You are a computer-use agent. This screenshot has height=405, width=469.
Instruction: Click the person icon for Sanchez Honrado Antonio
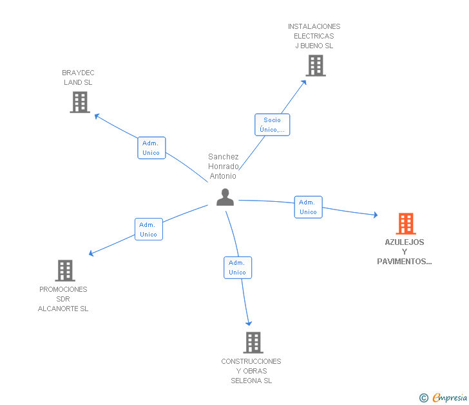(225, 197)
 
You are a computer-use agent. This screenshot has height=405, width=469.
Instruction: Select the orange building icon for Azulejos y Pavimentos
(405, 224)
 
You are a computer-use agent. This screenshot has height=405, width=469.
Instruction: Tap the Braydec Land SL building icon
(80, 102)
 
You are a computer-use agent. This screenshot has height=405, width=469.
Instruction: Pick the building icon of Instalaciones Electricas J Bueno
(315, 66)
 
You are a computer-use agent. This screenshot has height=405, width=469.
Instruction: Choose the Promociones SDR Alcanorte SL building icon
(65, 271)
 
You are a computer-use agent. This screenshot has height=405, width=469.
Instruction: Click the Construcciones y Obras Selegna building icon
(253, 343)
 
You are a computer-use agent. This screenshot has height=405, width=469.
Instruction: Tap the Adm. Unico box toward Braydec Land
(151, 148)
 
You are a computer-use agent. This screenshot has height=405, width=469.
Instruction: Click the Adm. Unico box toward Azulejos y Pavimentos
(308, 207)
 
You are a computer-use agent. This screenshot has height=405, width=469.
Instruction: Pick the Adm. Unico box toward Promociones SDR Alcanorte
(149, 230)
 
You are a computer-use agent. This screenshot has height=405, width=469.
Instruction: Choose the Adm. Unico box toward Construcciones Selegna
(238, 267)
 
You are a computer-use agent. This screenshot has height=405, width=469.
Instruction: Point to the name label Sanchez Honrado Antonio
(224, 166)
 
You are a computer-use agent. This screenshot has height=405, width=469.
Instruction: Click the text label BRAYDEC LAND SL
(78, 78)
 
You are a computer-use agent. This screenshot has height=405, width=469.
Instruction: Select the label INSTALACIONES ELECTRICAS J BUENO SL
(314, 36)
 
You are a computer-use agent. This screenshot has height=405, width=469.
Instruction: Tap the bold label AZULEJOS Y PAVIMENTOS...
(405, 252)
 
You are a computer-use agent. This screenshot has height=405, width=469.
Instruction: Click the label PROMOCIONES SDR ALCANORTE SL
(63, 299)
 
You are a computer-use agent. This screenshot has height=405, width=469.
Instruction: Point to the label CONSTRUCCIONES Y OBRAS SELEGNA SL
(251, 371)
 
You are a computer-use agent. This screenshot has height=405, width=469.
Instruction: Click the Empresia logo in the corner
(449, 398)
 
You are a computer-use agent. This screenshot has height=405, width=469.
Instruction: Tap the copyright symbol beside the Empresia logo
(424, 399)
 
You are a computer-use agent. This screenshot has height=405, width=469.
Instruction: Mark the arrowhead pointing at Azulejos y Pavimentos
(375, 215)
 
